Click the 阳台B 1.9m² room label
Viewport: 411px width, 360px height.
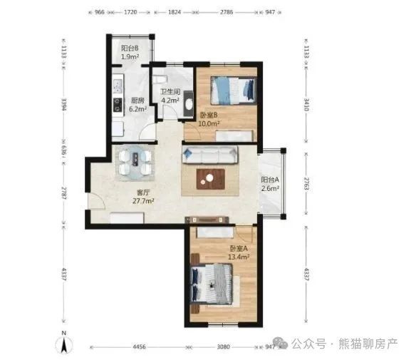point(130,52)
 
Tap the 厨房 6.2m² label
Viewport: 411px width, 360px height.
point(137,104)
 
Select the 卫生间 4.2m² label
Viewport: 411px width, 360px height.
point(170,96)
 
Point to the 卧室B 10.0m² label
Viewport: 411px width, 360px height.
point(209,119)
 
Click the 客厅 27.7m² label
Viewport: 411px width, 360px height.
point(143,197)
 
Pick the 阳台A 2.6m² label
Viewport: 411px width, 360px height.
point(270,184)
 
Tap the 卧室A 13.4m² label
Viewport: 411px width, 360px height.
point(239,252)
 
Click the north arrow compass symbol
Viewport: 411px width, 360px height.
point(64,343)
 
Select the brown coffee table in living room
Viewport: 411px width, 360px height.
point(211,179)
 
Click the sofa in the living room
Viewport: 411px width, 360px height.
point(210,155)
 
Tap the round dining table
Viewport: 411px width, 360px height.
point(135,162)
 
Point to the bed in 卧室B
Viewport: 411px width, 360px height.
point(233,91)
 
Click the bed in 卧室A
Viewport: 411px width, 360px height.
point(212,284)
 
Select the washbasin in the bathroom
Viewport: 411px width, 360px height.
point(189,104)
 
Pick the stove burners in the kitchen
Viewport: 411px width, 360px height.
point(118,105)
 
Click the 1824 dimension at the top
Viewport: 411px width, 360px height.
point(175,12)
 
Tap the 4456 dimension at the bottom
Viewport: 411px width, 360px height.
point(139,347)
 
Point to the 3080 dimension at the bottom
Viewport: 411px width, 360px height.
point(224,347)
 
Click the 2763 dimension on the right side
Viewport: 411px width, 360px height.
point(306,184)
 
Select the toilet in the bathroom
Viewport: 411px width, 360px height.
point(160,79)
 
